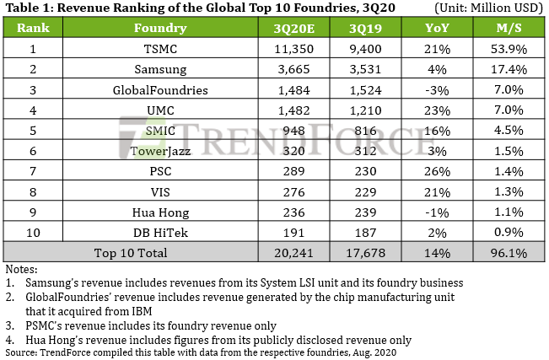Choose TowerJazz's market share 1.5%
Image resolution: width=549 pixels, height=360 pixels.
[509, 150]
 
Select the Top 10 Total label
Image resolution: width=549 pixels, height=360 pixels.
[130, 252]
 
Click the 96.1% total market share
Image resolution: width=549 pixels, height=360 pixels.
[509, 252]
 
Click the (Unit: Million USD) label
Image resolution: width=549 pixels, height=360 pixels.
[487, 8]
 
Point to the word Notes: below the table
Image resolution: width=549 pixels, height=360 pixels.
[22, 269]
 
